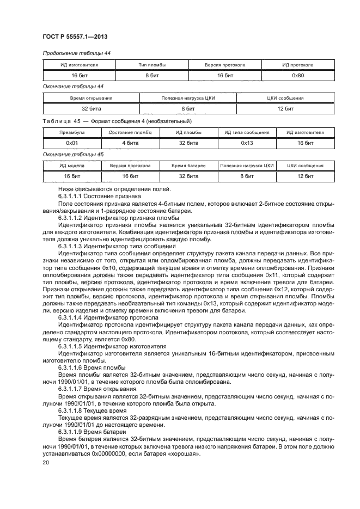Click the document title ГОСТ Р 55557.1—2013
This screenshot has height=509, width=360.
74,36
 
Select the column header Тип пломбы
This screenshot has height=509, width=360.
152,65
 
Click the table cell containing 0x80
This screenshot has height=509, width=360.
298,75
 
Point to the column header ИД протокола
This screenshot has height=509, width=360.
298,65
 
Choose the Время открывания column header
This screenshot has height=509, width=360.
91,98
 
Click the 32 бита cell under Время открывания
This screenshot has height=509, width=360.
91,109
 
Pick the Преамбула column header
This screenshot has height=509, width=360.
72,132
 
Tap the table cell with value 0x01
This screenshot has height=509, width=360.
72,143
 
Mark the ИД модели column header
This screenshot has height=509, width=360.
72,165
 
